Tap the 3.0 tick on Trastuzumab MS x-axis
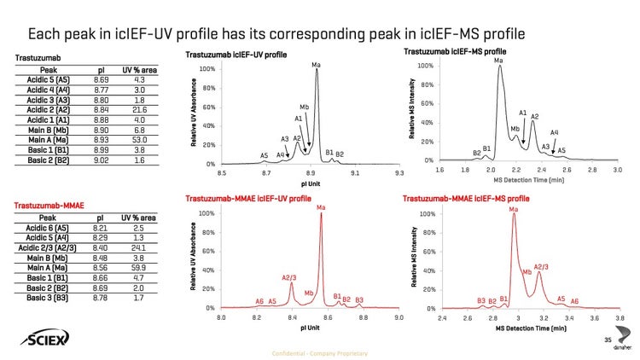coord(617,169)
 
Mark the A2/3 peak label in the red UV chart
coord(289,277)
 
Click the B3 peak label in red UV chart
coord(359,299)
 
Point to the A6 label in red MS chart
coord(574,301)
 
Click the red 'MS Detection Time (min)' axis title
coord(529,328)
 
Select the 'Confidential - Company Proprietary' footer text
coord(319,352)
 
